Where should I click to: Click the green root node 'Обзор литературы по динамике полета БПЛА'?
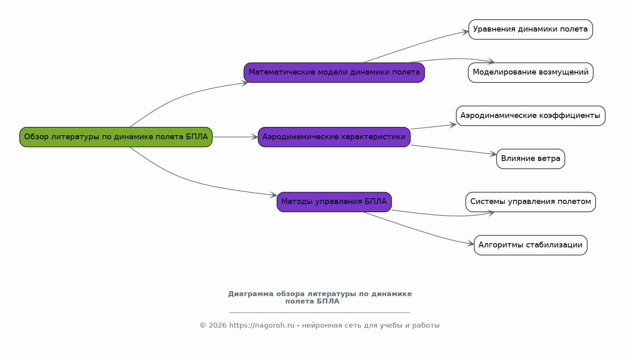[116, 137]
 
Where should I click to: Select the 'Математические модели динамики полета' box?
[334, 72]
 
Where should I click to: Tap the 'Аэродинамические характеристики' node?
[334, 137]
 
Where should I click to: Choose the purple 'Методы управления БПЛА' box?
[334, 202]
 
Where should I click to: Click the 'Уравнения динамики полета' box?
[530, 29]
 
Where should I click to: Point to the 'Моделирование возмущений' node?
[530, 72]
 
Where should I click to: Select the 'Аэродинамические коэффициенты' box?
[530, 115]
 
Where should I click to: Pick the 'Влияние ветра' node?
[530, 158]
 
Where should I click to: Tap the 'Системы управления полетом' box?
[530, 202]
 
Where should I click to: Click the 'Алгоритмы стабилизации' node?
[530, 245]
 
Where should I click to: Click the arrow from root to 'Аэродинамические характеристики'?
[235, 137]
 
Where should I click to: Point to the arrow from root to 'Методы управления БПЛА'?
[184, 179]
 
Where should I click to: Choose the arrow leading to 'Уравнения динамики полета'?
[417, 45]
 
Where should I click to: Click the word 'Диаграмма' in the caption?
[250, 294]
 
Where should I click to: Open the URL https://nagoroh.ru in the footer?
[262, 326]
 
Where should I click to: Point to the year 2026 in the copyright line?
[217, 326]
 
